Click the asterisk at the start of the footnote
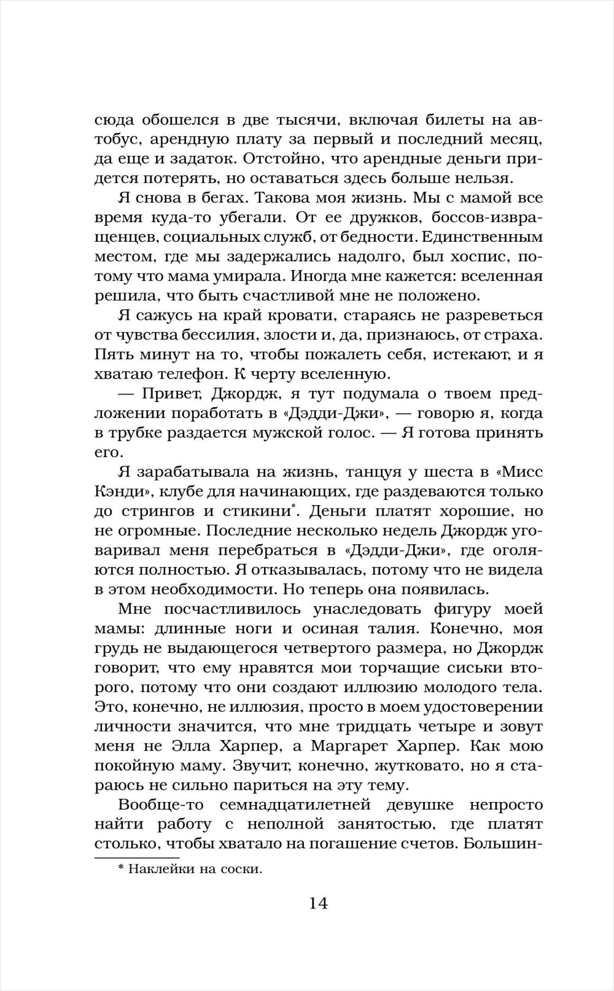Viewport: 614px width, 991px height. (x=120, y=869)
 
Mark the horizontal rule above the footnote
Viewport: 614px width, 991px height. (x=136, y=858)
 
